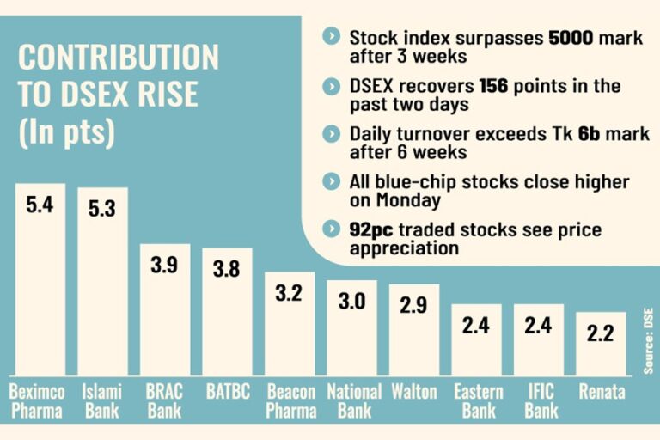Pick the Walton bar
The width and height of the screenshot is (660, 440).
413,331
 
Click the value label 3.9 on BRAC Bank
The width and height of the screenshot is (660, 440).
165,266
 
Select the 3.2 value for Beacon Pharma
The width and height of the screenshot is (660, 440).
290,293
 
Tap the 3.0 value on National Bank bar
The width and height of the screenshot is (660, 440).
352,301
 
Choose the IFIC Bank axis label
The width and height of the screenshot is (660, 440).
538,401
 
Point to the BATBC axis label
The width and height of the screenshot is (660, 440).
227,393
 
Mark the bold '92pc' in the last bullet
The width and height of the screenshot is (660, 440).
370,230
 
